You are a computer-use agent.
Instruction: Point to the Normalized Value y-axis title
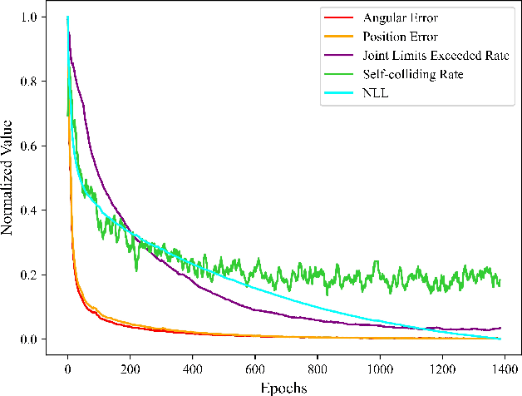pos(8,177)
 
